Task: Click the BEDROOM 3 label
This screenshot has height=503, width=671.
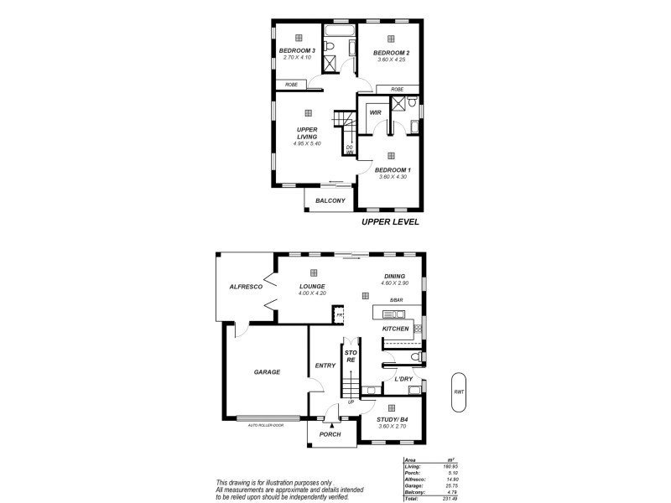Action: (x=296, y=51)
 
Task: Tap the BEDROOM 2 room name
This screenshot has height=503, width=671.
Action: (x=390, y=52)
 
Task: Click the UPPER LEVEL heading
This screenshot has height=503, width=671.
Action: (x=389, y=223)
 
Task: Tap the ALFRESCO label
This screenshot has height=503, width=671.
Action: (x=246, y=287)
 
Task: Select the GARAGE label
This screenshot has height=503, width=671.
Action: (x=267, y=371)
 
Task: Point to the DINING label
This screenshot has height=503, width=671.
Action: (x=394, y=277)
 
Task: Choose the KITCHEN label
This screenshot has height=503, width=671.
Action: (x=395, y=329)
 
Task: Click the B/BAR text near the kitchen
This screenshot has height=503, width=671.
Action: (x=397, y=301)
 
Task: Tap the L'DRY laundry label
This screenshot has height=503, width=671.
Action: (x=403, y=379)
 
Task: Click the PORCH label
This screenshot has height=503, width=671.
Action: (x=331, y=434)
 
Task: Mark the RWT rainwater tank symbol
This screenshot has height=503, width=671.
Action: (x=458, y=392)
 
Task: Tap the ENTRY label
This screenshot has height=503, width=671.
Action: (x=325, y=366)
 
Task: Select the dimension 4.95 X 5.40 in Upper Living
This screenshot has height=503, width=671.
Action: (x=307, y=143)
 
